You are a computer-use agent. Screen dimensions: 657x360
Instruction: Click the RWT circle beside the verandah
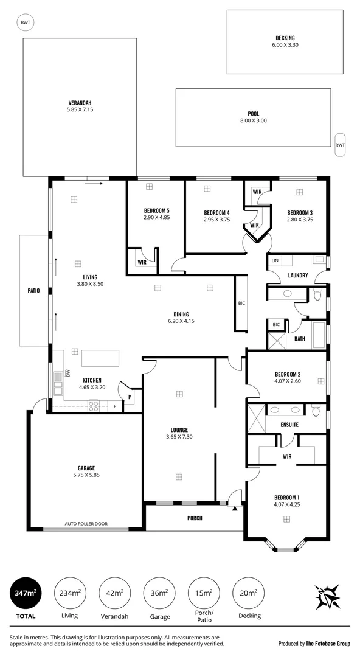(25, 23)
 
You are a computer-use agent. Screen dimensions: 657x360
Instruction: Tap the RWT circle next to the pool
(340, 145)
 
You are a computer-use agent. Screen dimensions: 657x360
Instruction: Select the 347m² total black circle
(26, 593)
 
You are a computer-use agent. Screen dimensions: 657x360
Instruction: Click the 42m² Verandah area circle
(114, 593)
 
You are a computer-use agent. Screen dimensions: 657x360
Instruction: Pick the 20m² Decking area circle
(249, 593)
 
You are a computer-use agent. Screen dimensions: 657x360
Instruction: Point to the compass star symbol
(327, 597)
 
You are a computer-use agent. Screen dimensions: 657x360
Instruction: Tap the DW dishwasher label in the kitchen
(67, 374)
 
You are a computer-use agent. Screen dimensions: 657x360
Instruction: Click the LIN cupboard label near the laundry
(275, 260)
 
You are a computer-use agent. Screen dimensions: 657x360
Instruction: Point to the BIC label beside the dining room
(241, 302)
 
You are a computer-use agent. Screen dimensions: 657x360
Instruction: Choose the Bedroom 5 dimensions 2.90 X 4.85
(156, 217)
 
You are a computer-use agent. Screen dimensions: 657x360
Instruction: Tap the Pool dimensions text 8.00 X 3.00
(253, 120)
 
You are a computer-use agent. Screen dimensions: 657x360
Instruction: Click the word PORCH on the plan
(194, 518)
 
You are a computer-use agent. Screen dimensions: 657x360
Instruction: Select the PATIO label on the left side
(33, 291)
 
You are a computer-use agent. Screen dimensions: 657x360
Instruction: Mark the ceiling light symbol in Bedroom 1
(286, 518)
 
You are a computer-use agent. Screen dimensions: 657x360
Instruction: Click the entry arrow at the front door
(234, 507)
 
